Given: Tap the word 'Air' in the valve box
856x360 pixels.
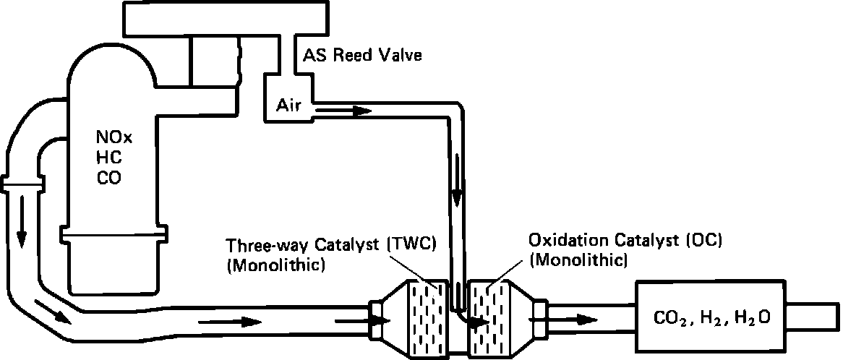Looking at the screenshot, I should [x=287, y=106].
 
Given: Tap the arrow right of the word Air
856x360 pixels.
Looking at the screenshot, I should [x=343, y=111].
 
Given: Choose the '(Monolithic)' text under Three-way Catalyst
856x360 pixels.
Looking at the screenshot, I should [x=275, y=265].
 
